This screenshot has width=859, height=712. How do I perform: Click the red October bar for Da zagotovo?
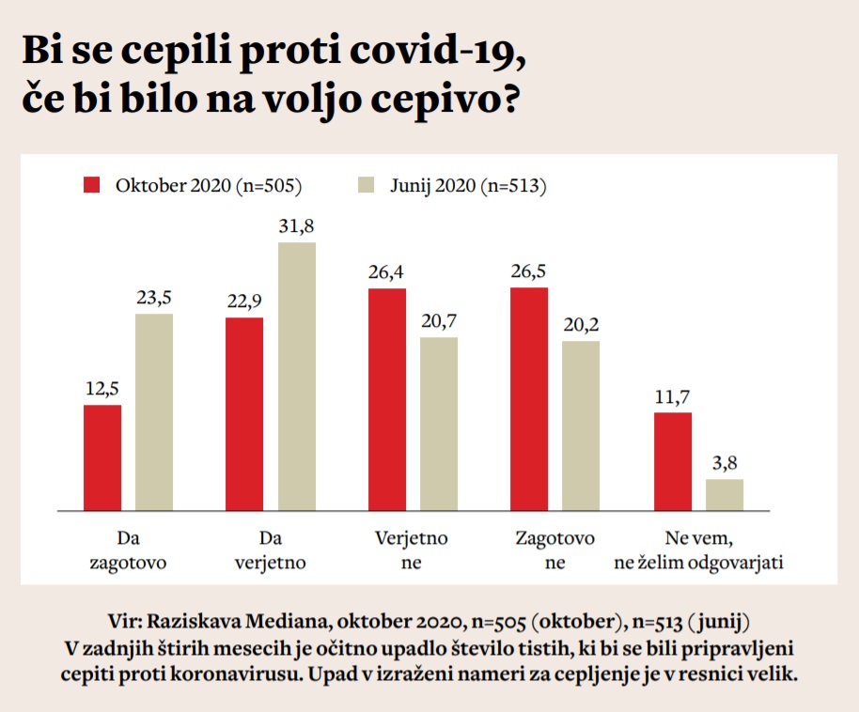(102, 457)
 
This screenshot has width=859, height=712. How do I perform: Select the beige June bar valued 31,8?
(297, 376)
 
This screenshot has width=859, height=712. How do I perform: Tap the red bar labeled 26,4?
(387, 399)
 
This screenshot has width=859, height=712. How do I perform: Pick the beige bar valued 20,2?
(581, 426)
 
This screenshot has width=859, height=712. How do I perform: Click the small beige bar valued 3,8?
(725, 495)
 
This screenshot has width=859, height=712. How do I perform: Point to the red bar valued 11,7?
(673, 461)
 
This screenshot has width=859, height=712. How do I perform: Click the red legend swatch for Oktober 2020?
(92, 185)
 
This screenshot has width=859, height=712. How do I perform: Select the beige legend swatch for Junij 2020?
(367, 185)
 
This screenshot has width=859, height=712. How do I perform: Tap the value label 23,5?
(153, 298)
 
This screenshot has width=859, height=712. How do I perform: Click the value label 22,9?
(244, 302)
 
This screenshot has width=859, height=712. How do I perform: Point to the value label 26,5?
(529, 272)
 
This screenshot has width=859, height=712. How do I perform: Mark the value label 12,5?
(102, 389)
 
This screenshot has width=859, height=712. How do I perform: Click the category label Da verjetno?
(271, 550)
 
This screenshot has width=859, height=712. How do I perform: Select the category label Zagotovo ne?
(554, 550)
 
